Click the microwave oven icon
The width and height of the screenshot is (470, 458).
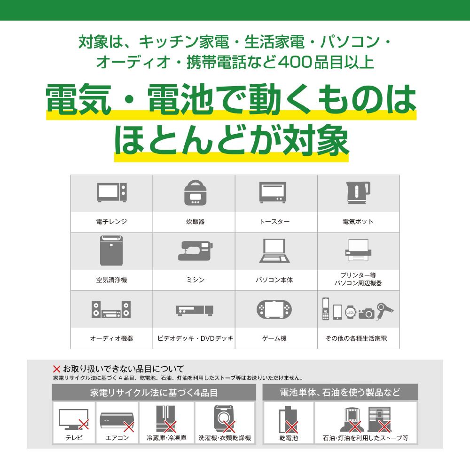point(112,193)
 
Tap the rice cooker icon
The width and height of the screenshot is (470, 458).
point(196,193)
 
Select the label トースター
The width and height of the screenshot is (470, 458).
point(274,222)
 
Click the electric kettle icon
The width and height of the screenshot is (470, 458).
point(358,193)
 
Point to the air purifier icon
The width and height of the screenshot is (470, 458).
point(111,250)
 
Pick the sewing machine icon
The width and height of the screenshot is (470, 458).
point(196,251)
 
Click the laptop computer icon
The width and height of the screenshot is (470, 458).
point(274,251)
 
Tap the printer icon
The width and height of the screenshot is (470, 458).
point(358,250)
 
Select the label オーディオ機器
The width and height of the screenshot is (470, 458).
point(111,338)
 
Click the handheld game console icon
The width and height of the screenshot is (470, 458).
point(274,309)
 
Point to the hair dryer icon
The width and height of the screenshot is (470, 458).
point(385,310)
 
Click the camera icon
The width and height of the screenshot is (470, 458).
point(366,313)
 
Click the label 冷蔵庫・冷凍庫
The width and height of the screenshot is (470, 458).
point(166,438)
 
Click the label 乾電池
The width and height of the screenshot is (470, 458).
point(289,438)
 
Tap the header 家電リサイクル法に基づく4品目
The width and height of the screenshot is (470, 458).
point(154,393)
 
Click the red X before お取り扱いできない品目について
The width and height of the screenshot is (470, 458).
point(57,369)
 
